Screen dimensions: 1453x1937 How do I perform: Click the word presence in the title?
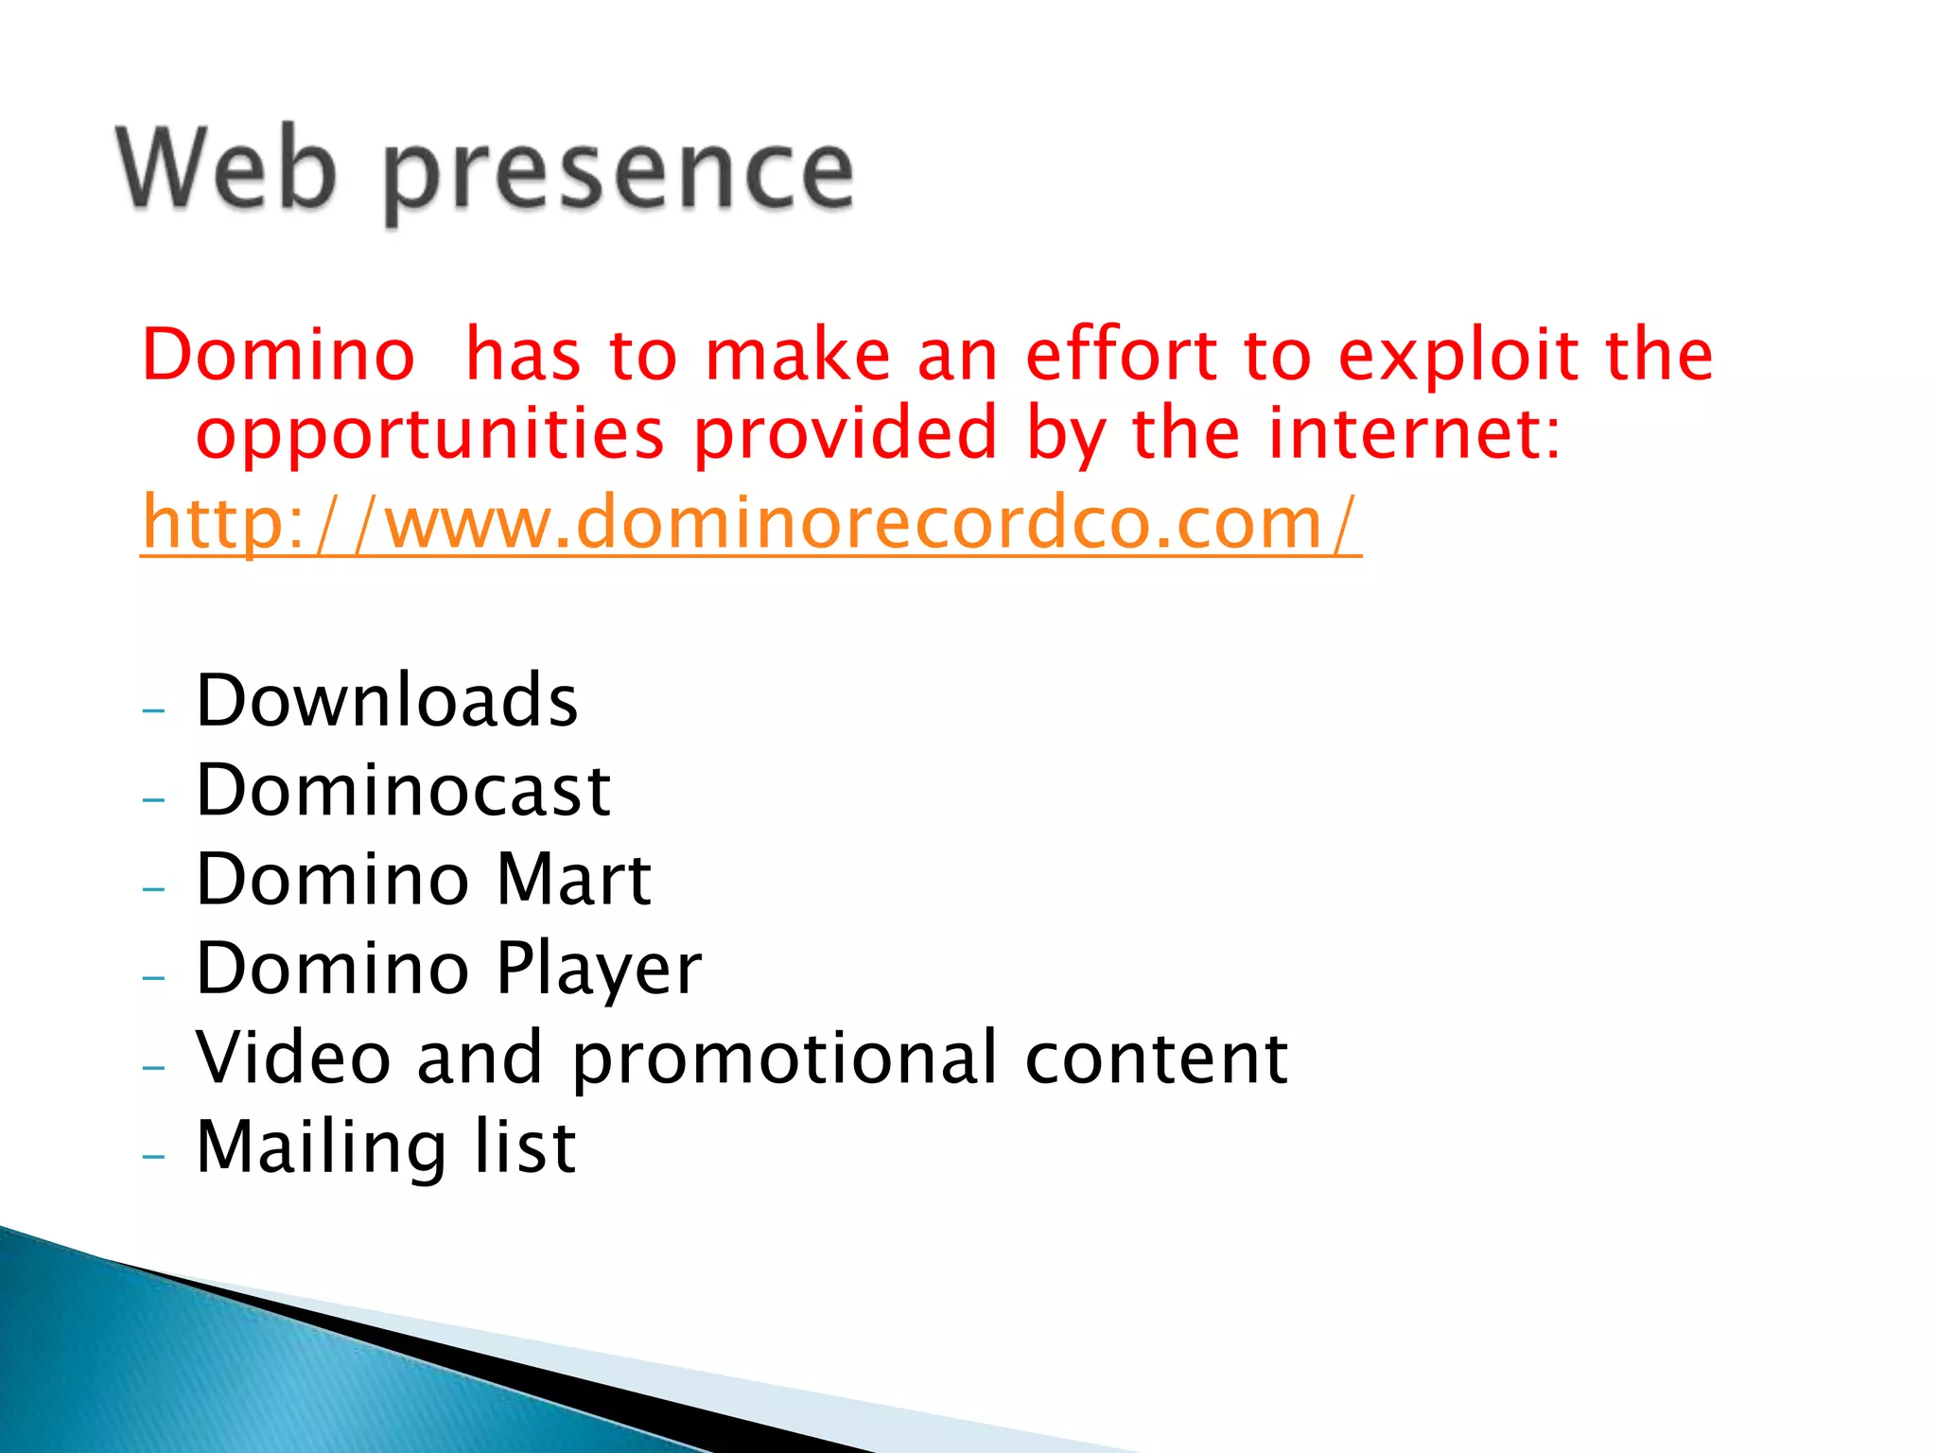[x=619, y=175]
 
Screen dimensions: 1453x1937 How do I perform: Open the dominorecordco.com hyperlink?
[x=751, y=523]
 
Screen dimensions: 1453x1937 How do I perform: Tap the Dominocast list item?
[x=403, y=790]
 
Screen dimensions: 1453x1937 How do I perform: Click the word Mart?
[x=574, y=879]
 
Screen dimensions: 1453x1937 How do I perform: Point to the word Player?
[x=599, y=970]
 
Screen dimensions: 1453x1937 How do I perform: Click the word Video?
[x=293, y=1058]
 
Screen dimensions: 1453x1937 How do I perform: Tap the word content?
[x=1156, y=1058]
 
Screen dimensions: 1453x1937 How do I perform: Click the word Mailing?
[x=321, y=1148]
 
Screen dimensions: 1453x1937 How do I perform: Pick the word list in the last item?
[x=525, y=1147]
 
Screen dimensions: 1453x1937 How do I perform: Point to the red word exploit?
[x=1458, y=358]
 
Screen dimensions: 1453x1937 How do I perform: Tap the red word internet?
[x=1414, y=433]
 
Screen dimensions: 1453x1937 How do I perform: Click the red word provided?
[x=846, y=433]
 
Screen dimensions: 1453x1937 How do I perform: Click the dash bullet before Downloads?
[x=153, y=709]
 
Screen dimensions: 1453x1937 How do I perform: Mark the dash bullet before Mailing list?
[x=153, y=1156]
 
